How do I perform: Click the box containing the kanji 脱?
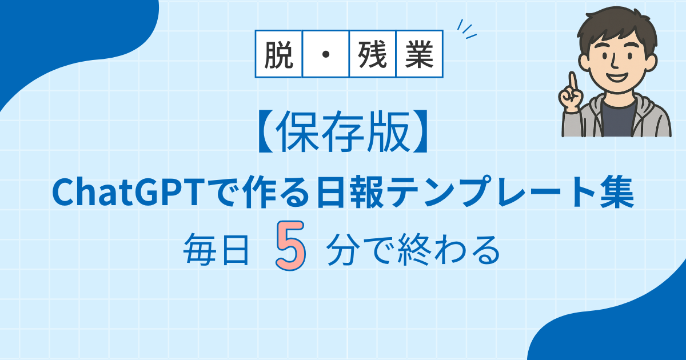tap(279, 54)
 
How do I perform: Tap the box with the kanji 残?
tap(372, 54)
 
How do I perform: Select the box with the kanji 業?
tap(420, 54)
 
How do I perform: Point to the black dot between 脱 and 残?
tap(326, 54)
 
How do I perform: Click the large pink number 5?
tap(290, 246)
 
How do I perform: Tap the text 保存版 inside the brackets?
tap(342, 131)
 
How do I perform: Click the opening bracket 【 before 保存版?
tap(266, 131)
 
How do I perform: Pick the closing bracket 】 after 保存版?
tap(420, 131)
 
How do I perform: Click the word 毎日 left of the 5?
tap(216, 250)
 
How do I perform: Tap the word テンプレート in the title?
tap(490, 193)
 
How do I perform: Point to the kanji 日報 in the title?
tap(350, 193)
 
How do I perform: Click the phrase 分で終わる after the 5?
tap(413, 250)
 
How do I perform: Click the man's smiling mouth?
tap(617, 77)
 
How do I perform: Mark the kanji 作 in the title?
tap(260, 193)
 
